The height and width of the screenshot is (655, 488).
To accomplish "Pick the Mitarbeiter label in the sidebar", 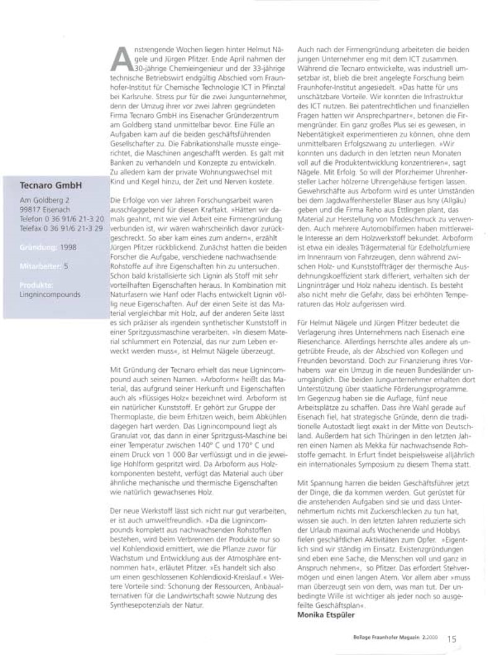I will [39, 265].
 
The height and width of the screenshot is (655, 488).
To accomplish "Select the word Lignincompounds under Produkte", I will [50, 295].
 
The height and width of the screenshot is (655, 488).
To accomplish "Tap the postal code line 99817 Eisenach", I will [49, 210].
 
